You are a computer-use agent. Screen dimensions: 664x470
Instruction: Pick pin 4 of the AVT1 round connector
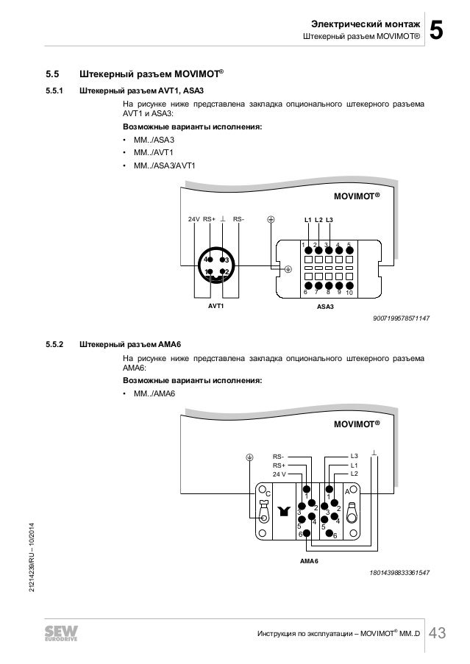(210, 259)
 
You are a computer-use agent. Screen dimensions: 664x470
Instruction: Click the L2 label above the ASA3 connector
(318, 220)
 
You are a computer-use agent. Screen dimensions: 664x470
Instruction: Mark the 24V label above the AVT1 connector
(193, 219)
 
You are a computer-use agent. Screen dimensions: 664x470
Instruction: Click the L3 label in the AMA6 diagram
(354, 456)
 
